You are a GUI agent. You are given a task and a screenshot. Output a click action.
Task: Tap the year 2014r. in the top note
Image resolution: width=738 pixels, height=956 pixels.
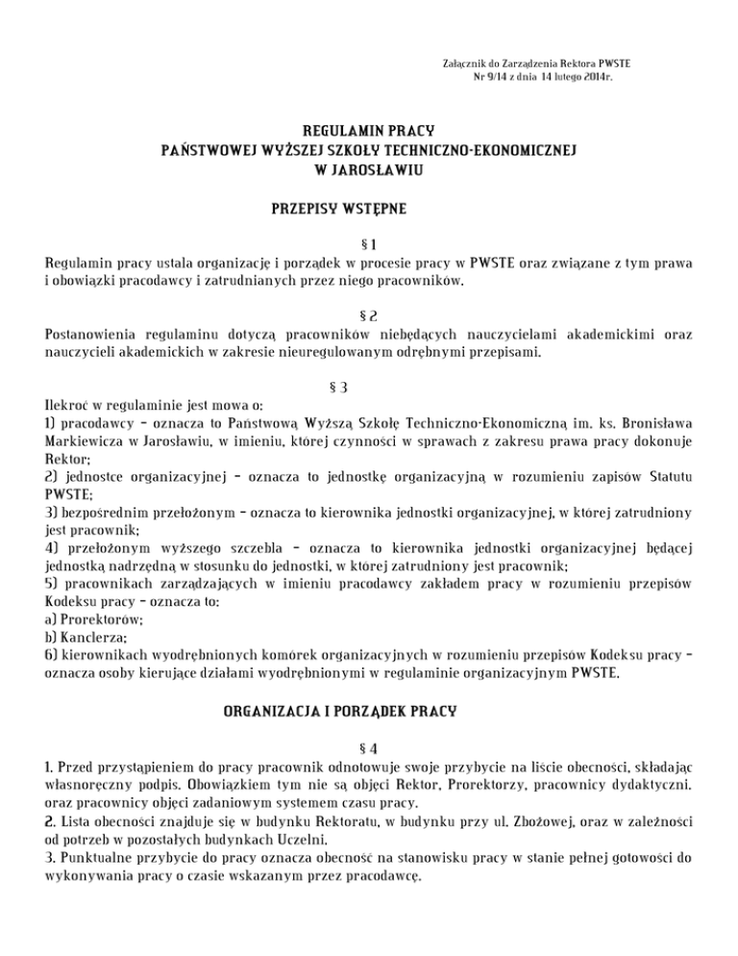[596, 76]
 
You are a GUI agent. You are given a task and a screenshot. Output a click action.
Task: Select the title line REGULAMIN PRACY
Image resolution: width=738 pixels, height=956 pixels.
[368, 129]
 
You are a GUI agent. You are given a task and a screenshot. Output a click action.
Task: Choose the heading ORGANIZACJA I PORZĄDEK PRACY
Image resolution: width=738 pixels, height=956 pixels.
[368, 714]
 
